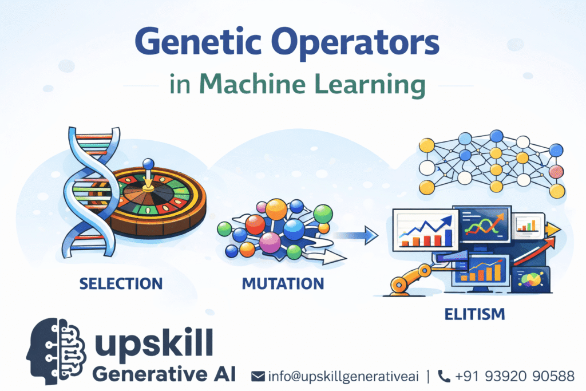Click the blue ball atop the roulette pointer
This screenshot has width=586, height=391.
point(148,164)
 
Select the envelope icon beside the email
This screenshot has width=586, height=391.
point(258,376)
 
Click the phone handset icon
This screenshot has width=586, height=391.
point(444,376)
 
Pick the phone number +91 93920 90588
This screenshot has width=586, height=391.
point(514,376)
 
